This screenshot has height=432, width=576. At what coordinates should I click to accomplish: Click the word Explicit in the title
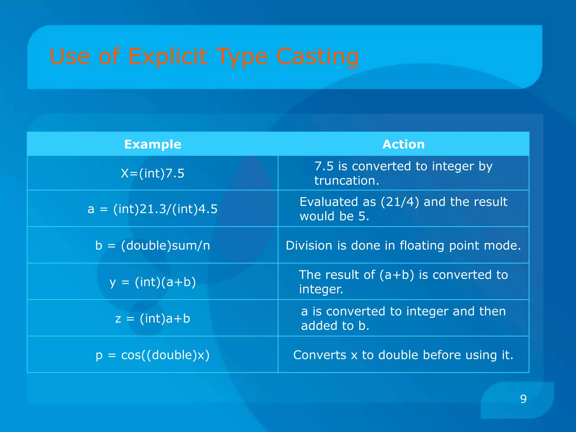coord(168,56)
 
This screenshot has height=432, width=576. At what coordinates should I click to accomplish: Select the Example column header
coord(152,144)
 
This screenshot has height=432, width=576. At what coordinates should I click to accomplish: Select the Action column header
coord(403,144)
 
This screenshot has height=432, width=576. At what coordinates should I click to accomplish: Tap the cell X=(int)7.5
coord(152,173)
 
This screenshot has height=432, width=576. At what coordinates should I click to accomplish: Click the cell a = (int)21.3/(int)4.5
coord(152,209)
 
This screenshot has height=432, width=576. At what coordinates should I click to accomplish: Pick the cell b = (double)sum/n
coord(152,246)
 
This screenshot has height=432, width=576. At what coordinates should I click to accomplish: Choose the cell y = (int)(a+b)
coord(152,282)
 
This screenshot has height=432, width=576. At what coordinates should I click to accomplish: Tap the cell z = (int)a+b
coord(152,318)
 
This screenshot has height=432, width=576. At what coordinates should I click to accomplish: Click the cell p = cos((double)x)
coord(152,355)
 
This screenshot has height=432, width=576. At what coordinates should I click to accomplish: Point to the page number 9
coord(523,399)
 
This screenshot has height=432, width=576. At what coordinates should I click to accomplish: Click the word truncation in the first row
coord(346,181)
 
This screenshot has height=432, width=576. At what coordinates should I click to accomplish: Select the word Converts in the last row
coord(319,355)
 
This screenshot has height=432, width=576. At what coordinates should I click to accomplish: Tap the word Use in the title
coord(70,56)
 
